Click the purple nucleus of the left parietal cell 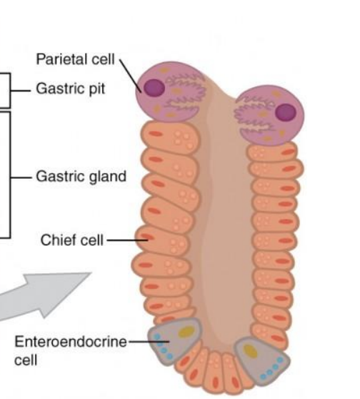pyautogui.click(x=154, y=88)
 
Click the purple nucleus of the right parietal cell pyautogui.click(x=286, y=112)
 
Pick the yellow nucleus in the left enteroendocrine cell pyautogui.click(x=186, y=332)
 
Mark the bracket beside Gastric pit pyautogui.click(x=9, y=90)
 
